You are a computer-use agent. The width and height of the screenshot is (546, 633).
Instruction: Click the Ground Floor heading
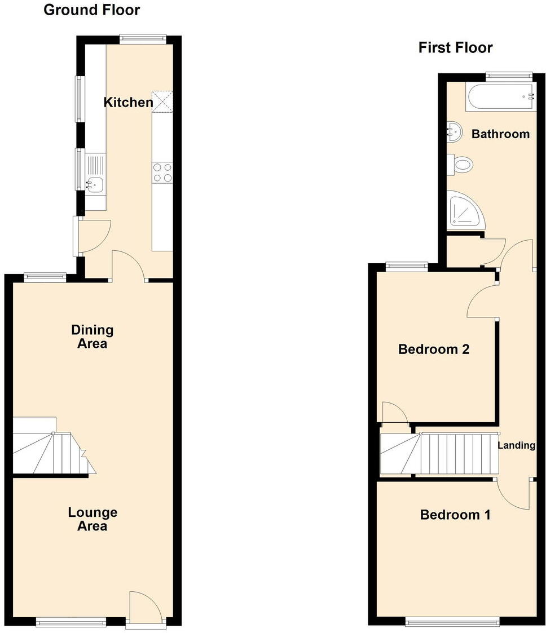pyautogui.click(x=92, y=10)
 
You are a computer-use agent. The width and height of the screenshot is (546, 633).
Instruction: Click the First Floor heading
pyautogui.click(x=455, y=48)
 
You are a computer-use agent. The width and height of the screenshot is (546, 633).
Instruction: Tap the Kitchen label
pyautogui.click(x=128, y=102)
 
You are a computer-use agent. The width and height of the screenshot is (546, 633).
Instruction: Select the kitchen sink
pyautogui.click(x=94, y=183)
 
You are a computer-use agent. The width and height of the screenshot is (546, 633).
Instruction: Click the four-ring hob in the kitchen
pyautogui.click(x=162, y=172)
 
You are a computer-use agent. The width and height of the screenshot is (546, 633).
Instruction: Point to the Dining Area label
pyautogui.click(x=92, y=337)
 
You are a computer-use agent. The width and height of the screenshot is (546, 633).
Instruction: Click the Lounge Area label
pyautogui.click(x=93, y=519)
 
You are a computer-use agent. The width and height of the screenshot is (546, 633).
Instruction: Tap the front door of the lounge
pyautogui.click(x=145, y=609)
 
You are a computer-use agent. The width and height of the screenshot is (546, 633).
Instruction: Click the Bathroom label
pyautogui.click(x=500, y=134)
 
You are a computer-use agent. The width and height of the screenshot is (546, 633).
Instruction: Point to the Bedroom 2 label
pyautogui.click(x=434, y=349)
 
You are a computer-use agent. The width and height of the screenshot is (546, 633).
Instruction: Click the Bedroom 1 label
pyautogui.click(x=455, y=515)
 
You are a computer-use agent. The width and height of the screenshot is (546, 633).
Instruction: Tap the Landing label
pyautogui.click(x=516, y=445)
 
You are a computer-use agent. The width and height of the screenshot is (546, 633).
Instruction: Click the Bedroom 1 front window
pyautogui.click(x=452, y=622)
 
